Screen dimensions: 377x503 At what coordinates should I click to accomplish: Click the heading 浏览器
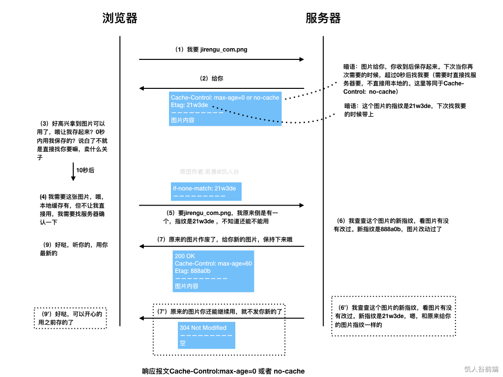click(x=119, y=19)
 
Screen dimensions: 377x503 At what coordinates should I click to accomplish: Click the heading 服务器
click(x=323, y=19)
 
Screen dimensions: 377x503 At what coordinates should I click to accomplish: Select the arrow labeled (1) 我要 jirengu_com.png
click(x=221, y=59)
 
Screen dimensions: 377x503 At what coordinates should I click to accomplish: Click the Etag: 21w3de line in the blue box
click(x=189, y=105)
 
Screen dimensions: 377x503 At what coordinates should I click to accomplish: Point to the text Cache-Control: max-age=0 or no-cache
click(x=225, y=98)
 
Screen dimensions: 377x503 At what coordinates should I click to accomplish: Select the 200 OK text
click(x=185, y=256)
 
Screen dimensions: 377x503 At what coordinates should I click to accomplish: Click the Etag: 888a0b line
click(x=193, y=271)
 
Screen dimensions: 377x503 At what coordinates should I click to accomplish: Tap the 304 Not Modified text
click(x=203, y=328)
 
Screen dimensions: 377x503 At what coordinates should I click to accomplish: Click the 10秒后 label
click(x=84, y=170)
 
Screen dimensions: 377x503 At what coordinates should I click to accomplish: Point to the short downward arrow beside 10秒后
click(x=72, y=171)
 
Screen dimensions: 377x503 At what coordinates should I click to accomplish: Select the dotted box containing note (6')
click(x=394, y=316)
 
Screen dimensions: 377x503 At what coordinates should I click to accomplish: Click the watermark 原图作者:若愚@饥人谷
click(x=209, y=172)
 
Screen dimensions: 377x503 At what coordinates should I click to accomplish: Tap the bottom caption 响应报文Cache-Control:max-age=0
click(x=223, y=371)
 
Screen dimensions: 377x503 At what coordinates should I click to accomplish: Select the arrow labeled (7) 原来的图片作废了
click(x=221, y=246)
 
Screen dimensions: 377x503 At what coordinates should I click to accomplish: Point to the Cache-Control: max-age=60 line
click(x=213, y=264)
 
